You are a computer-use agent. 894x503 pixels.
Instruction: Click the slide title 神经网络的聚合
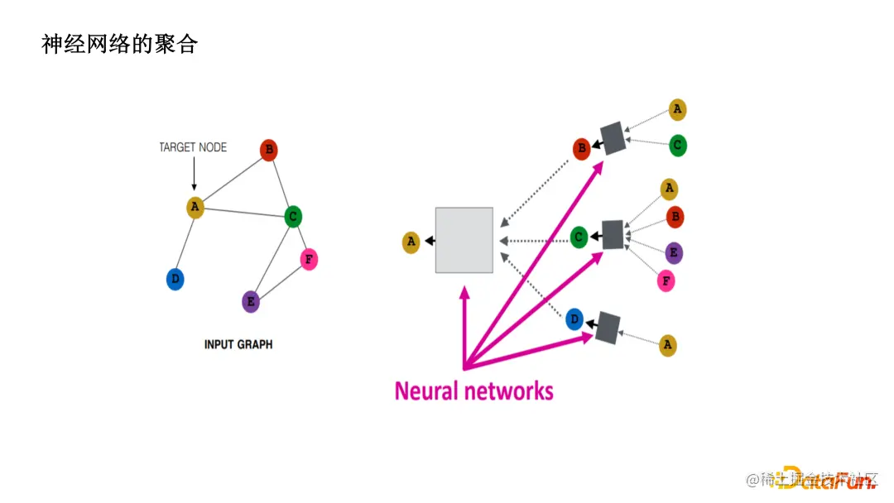119,44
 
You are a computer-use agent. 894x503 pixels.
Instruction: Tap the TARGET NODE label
193,147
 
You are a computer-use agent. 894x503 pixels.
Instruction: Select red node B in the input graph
268,150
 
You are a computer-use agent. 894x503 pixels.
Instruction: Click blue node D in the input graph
175,279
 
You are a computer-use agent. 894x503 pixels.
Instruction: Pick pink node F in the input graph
308,260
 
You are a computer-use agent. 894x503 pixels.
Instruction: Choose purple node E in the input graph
251,301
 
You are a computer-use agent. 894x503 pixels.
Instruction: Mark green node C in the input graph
292,217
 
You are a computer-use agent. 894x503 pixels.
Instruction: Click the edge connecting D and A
185,243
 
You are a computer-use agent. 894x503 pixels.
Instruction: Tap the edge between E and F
280,280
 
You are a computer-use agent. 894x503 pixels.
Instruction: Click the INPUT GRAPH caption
238,344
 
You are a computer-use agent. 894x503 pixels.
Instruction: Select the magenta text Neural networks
473,390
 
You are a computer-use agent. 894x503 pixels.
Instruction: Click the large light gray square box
464,240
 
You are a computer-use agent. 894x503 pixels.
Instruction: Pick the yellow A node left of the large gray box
411,242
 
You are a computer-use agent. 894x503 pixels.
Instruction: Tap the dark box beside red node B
613,138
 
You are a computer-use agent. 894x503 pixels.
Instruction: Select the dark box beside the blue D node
608,328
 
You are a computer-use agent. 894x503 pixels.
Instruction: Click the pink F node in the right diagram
666,281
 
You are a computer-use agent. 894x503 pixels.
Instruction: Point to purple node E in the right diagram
674,253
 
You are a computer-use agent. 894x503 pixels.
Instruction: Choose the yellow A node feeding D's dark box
668,346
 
